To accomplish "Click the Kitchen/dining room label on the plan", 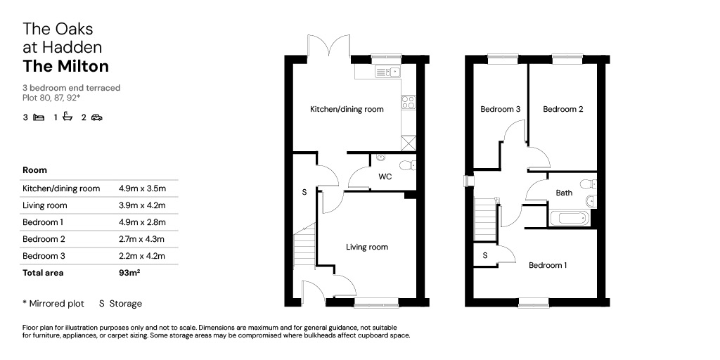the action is coord(347,109).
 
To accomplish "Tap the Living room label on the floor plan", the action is coord(367,247).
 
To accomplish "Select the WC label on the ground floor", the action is coord(385,176).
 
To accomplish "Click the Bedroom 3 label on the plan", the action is coord(500,109).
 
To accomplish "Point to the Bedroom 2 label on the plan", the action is coord(563,109).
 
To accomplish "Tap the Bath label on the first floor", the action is coord(564,193).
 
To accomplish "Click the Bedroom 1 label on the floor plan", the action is coord(548,265).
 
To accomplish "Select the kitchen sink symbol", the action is coord(388,72).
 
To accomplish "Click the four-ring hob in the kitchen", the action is coord(409,102).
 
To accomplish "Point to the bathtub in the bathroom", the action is coord(568,218).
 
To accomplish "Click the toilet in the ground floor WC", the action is coord(408,165).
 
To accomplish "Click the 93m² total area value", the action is coord(129,273).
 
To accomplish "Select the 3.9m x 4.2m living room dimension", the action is coord(142,205).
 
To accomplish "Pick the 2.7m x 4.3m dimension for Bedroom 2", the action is coord(141,239).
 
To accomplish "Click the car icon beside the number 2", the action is coord(96,117).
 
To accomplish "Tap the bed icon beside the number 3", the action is coord(39,117).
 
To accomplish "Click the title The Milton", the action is coord(65,67).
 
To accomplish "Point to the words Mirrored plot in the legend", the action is coord(56,304).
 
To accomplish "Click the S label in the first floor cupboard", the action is coord(485,256).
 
